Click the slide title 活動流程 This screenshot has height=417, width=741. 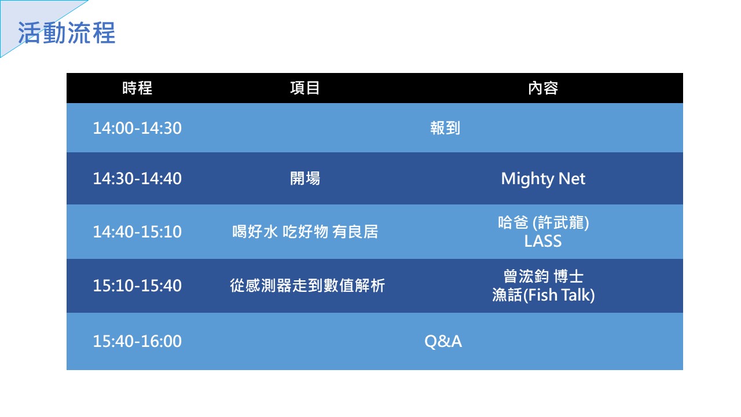click(x=67, y=33)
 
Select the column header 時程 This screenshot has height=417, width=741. click(x=137, y=88)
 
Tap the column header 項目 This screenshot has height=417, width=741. click(x=305, y=88)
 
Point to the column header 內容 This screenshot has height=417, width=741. click(x=543, y=88)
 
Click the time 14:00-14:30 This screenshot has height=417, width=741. click(x=137, y=128)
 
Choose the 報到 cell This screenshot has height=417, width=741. click(x=445, y=128)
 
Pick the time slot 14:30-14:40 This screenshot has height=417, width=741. click(x=137, y=178)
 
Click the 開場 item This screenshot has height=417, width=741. click(x=305, y=178)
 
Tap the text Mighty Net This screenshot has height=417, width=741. click(x=543, y=179)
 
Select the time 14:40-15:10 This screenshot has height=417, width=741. click(x=137, y=232)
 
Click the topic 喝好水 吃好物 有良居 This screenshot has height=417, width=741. click(x=305, y=232)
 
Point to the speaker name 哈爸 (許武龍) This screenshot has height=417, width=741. click(x=543, y=222)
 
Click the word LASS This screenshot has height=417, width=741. click(x=543, y=241)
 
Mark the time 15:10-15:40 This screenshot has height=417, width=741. click(x=137, y=286)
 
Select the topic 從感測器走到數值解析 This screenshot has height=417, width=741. click(x=307, y=286)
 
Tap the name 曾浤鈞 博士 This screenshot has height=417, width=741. click(x=543, y=276)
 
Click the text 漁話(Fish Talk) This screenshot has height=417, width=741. click(x=543, y=295)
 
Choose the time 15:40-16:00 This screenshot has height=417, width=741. click(x=137, y=341)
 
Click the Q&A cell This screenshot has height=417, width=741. click(x=443, y=341)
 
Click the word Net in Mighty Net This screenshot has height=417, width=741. click(x=571, y=179)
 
